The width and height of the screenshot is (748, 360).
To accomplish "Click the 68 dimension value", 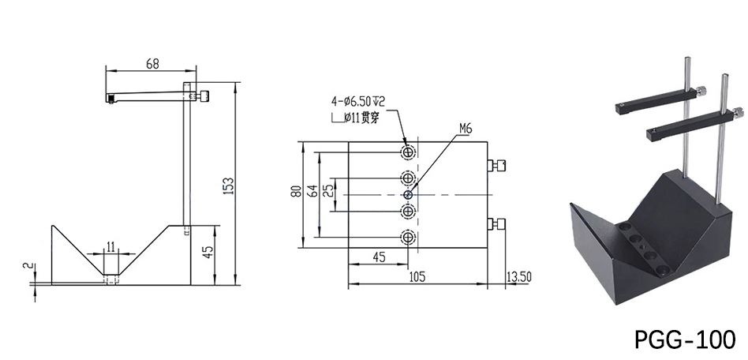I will (x=153, y=64).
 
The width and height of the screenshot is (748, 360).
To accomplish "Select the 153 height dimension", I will (x=229, y=184).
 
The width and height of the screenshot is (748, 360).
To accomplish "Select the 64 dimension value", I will (x=313, y=193).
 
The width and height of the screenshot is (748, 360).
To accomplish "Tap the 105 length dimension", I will (x=417, y=276).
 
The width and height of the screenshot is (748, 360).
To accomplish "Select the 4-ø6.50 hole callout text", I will (x=357, y=101).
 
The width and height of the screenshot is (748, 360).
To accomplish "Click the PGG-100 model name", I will (x=684, y=339).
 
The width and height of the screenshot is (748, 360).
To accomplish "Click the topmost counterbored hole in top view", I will (x=407, y=152).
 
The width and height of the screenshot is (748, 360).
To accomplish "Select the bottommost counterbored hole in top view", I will (x=407, y=236).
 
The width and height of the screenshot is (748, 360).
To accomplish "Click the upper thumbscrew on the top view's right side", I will (x=499, y=165).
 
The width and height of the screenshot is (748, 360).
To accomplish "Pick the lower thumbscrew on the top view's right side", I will (x=499, y=223).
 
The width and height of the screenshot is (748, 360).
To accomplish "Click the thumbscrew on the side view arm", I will (x=204, y=96).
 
